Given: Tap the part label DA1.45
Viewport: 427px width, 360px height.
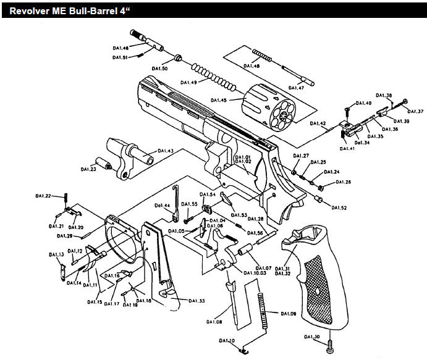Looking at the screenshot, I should [219, 99].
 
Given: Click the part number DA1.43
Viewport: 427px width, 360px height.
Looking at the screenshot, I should [165, 151].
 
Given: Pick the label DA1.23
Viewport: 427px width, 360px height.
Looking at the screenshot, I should [89, 169].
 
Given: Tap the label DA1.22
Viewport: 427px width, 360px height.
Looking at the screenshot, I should [43, 196].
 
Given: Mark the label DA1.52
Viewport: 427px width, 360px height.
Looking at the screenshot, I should [339, 207].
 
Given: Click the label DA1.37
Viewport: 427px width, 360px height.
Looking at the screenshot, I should [416, 111].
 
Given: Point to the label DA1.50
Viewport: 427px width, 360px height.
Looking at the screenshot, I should [159, 68].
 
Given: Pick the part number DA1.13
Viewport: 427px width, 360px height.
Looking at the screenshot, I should [57, 254].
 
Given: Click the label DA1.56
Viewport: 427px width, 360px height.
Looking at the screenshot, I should [256, 233].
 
